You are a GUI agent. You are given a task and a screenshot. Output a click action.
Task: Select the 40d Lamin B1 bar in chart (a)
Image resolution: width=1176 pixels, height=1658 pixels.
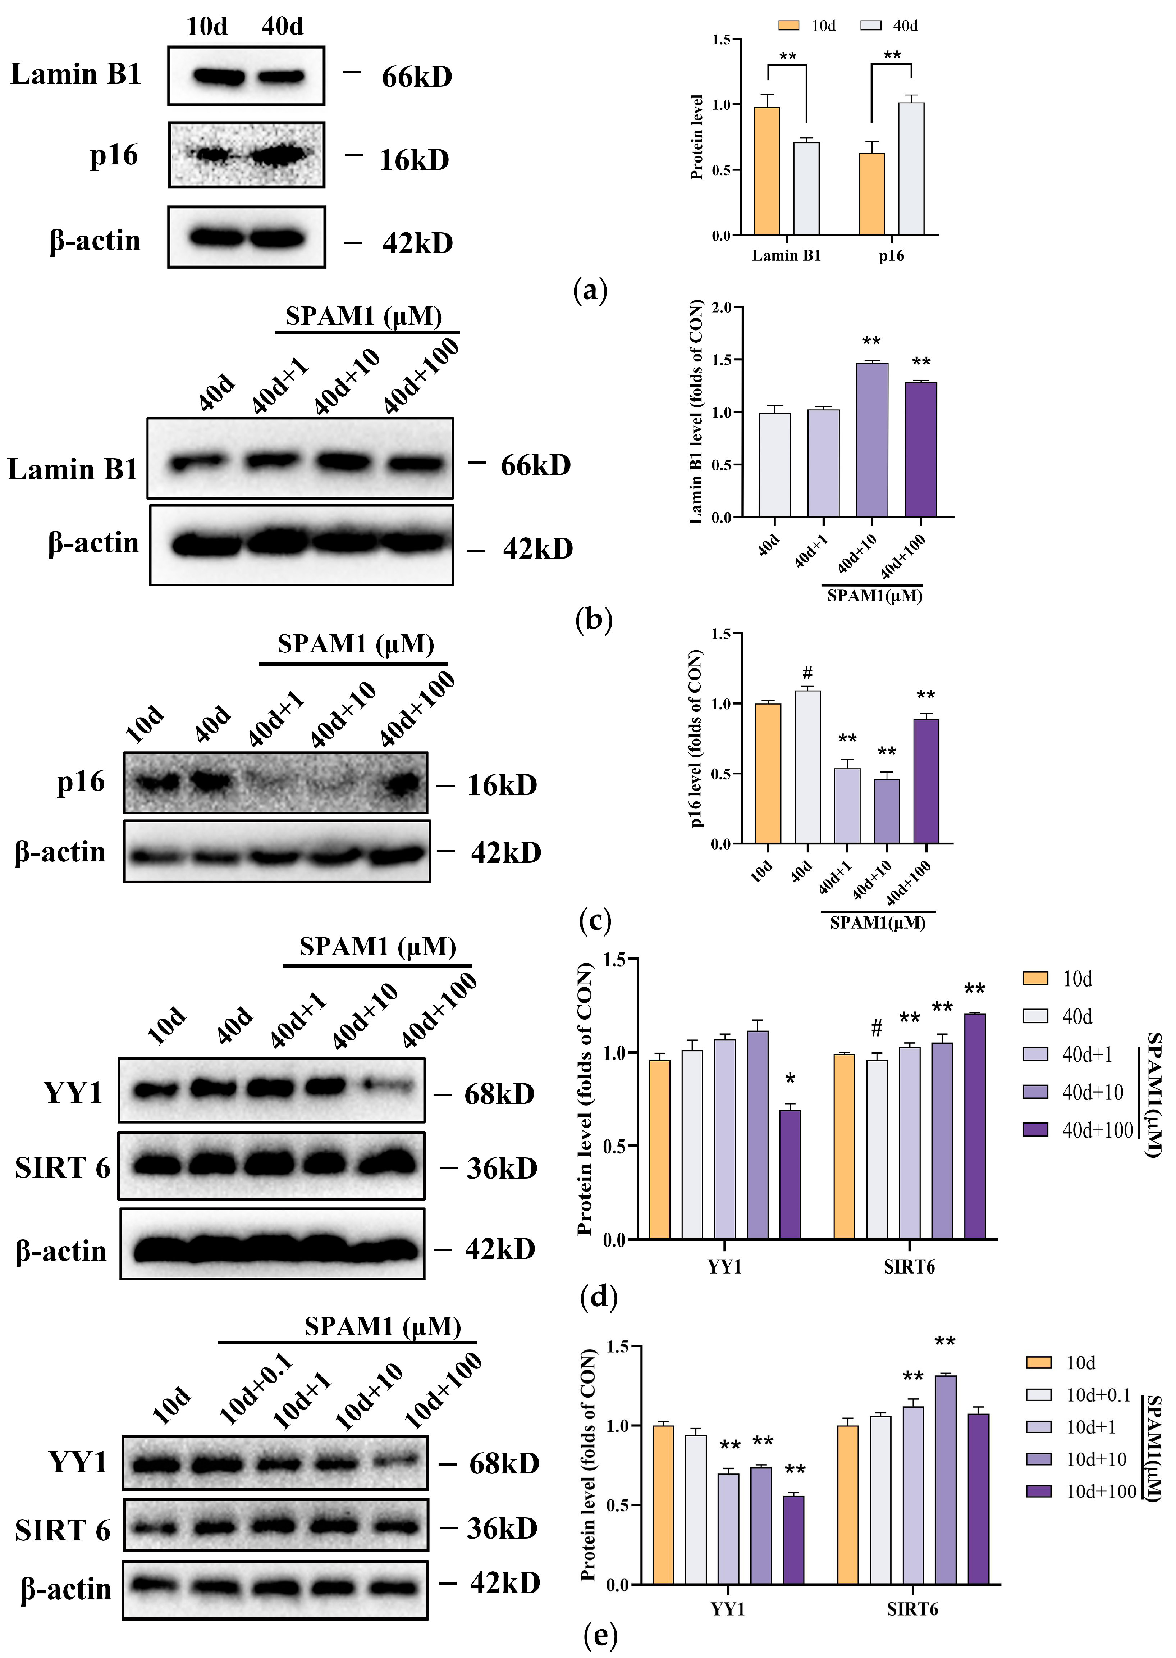point(806,188)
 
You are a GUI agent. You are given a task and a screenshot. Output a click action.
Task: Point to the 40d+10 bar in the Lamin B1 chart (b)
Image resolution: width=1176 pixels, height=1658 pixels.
point(872,439)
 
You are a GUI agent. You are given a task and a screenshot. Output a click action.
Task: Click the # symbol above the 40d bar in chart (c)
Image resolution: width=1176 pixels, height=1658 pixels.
point(807,673)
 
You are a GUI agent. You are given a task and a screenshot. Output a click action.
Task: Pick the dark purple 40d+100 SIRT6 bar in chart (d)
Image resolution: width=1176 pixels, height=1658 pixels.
point(975,1126)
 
